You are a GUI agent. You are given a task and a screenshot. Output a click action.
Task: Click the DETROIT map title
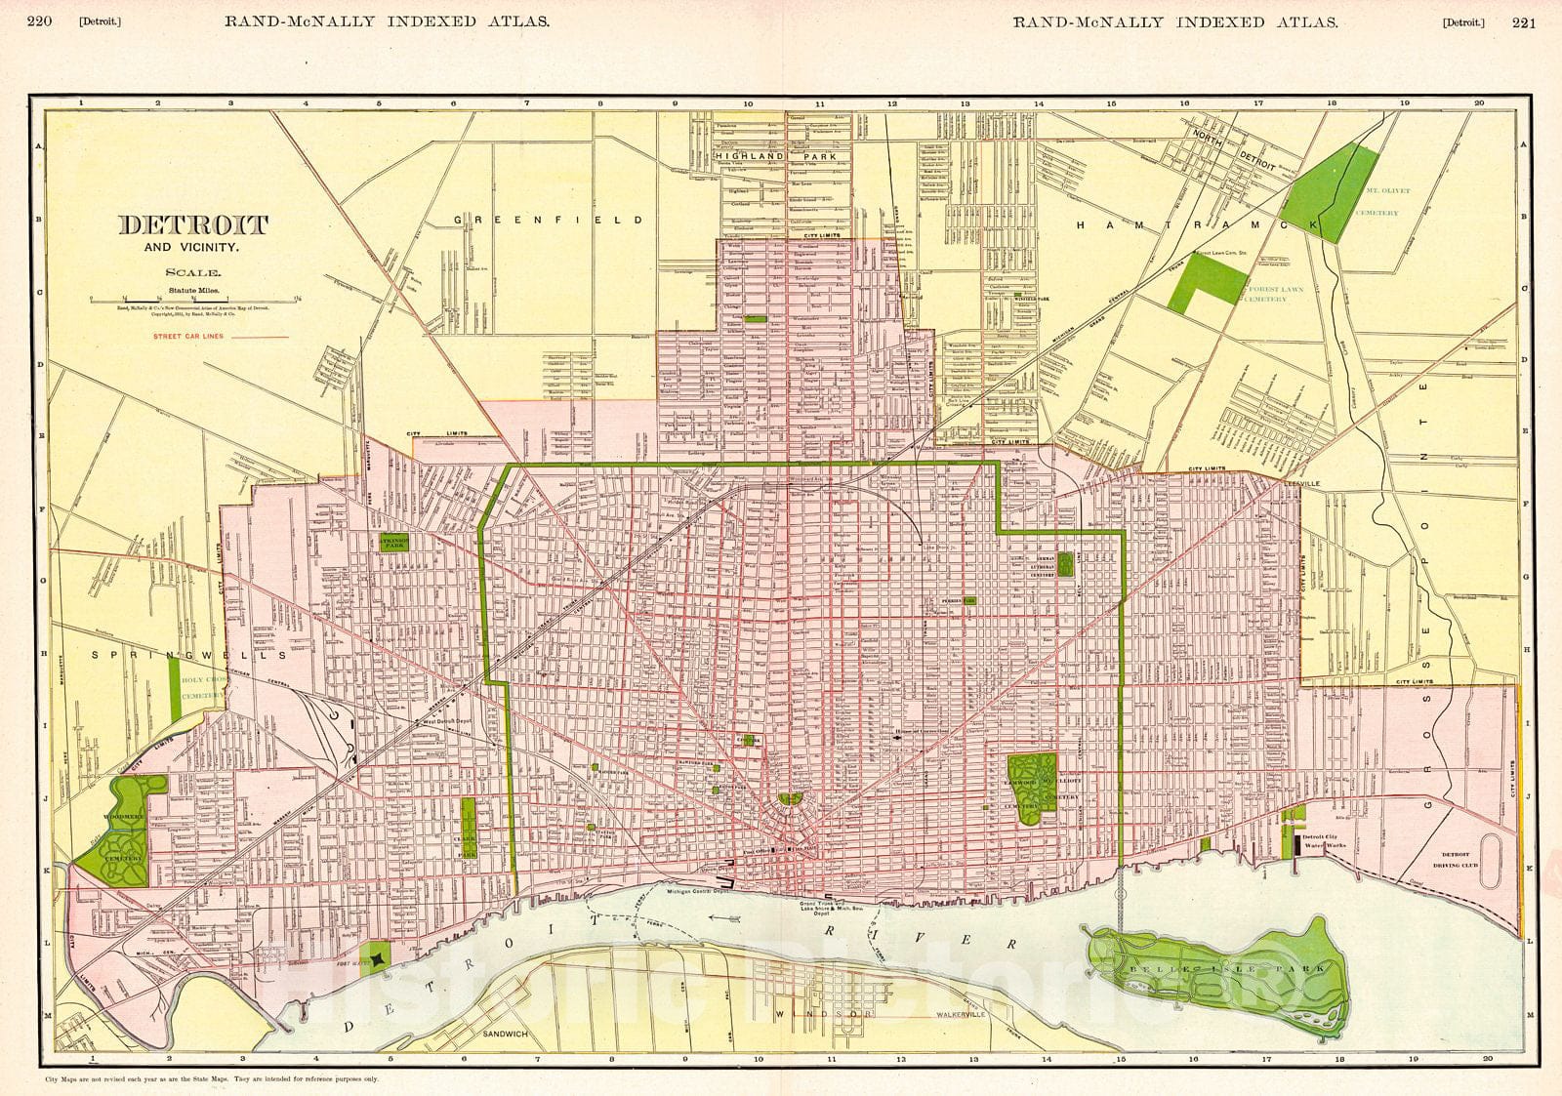tap(192, 225)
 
